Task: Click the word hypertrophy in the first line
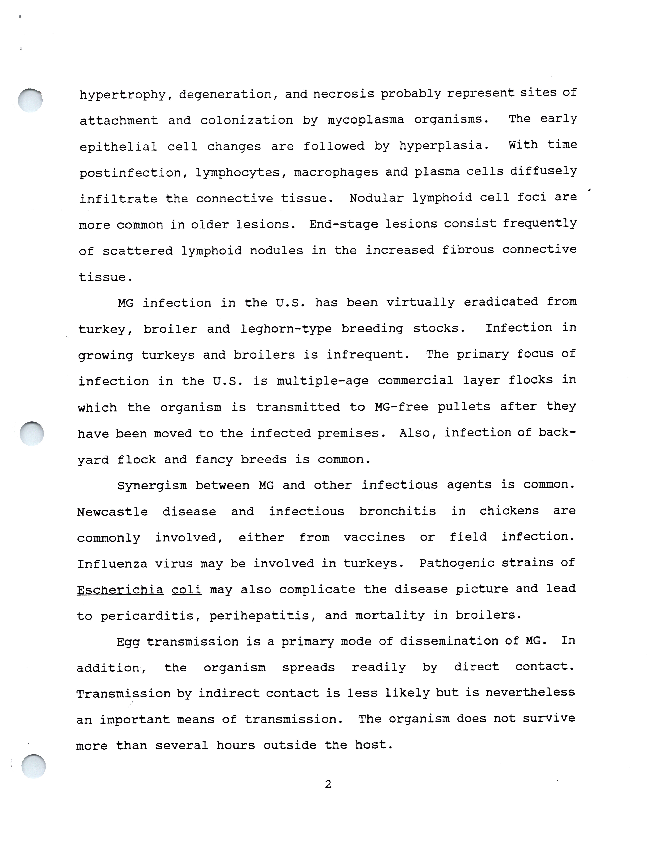point(122,95)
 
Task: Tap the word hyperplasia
point(444,146)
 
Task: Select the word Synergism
point(152,486)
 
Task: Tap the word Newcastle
point(112,512)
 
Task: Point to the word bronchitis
point(397,511)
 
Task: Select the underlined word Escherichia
point(120,590)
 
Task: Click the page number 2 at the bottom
point(328,784)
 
